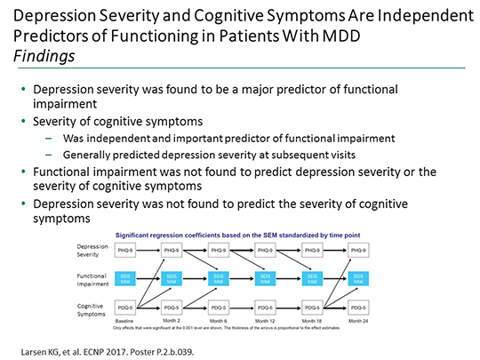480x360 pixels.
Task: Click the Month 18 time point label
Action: (311, 320)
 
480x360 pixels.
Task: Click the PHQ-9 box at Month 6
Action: (213, 252)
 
